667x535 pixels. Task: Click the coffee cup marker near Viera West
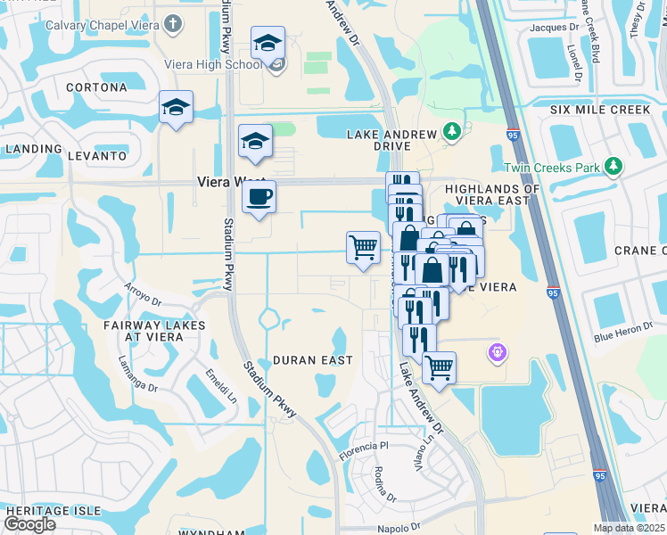(259, 197)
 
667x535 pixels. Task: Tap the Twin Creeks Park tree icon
(613, 166)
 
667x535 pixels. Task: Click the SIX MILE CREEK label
(600, 111)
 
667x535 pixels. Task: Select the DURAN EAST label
(312, 360)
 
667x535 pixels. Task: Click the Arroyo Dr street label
(143, 295)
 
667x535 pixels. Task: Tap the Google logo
(29, 524)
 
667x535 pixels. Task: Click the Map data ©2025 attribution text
(629, 528)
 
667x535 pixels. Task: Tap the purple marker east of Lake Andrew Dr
(498, 353)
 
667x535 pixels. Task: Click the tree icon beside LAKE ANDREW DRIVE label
(452, 133)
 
